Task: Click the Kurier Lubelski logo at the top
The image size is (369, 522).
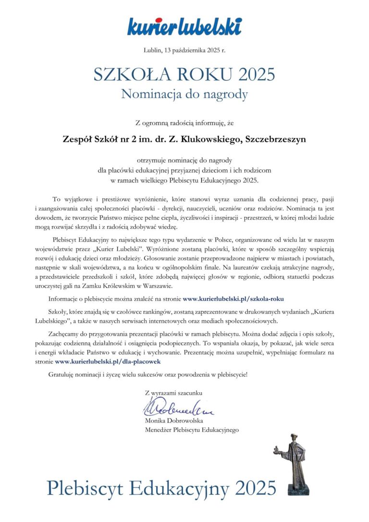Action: tap(184, 26)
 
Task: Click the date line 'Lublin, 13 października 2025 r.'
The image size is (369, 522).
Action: tap(184, 50)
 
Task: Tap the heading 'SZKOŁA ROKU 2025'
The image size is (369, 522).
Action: tap(184, 75)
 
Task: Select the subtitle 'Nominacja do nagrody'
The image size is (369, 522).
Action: tap(184, 94)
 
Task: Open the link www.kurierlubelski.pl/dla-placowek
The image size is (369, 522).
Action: tap(111, 360)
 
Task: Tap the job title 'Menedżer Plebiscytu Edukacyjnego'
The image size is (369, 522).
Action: tap(192, 430)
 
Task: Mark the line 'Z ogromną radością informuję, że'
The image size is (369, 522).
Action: tap(184, 123)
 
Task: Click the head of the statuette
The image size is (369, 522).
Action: tap(293, 439)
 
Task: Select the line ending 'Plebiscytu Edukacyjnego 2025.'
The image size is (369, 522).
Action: tap(184, 180)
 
